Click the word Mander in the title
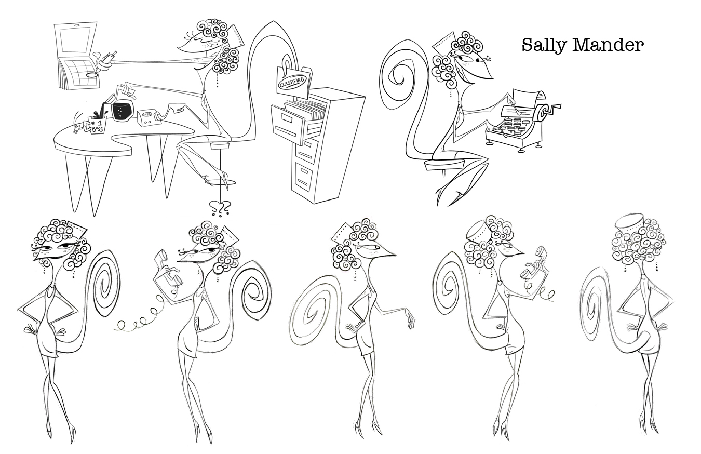pyautogui.click(x=609, y=45)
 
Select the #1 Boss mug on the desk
pyautogui.click(x=97, y=125)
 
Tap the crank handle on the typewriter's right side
pyautogui.click(x=554, y=109)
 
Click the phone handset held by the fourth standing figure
pyautogui.click(x=534, y=263)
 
